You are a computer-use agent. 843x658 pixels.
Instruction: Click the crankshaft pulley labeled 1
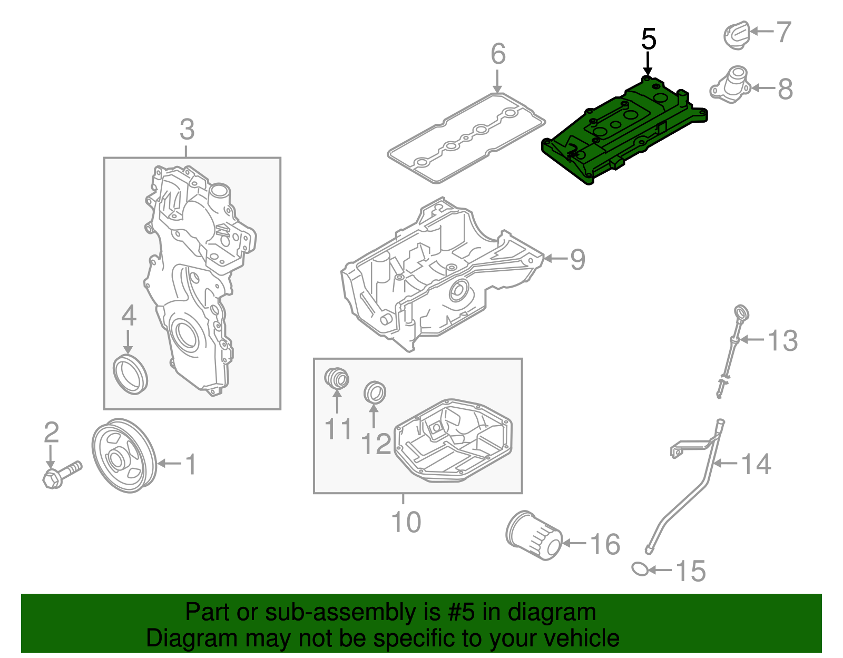124,456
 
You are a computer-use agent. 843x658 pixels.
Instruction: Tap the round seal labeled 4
130,374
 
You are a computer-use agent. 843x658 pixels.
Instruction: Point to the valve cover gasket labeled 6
466,138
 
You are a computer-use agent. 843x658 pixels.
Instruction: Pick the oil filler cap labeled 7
736,35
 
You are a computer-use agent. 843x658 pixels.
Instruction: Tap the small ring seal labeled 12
375,392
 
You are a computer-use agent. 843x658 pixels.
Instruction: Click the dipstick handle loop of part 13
741,313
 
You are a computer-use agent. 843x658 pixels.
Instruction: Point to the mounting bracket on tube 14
680,450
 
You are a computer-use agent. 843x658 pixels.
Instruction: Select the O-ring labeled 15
640,569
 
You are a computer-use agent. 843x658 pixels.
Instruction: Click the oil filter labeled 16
533,535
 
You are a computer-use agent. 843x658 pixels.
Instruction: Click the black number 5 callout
649,40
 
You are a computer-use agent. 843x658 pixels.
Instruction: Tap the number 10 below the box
406,522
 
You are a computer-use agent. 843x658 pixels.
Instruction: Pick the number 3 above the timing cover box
187,130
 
